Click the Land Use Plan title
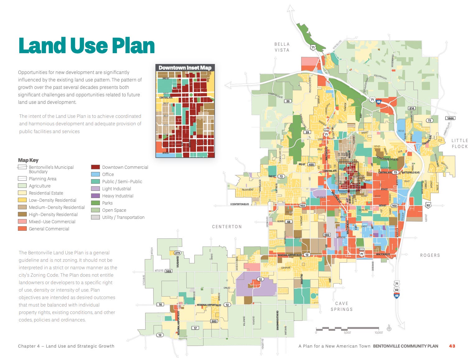coord(87,46)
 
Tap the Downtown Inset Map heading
coord(185,68)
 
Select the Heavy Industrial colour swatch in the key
coord(95,196)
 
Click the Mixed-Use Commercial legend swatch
coord(22,222)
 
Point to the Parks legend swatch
coord(95,203)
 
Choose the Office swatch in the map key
coord(95,174)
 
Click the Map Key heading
coord(28,160)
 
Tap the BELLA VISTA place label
coord(282,47)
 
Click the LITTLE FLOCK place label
coord(460,144)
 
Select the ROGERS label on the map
coord(430,255)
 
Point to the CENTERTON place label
coord(227,227)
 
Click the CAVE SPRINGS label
coord(342,306)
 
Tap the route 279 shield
coord(177,253)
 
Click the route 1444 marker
coord(450,118)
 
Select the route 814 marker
coord(412,108)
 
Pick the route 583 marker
coord(214,321)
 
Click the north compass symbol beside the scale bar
coord(389,328)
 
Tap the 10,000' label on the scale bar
coord(378,333)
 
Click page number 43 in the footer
coord(452,346)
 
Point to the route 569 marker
coord(168,271)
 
